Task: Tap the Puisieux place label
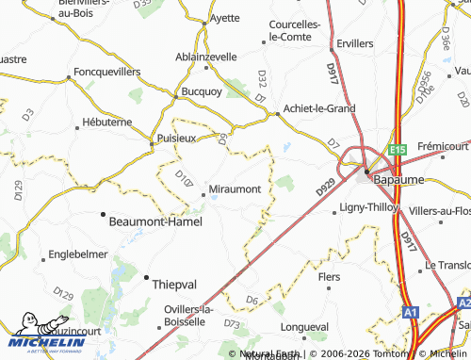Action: pos(175,137)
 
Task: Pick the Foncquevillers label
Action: pos(106,72)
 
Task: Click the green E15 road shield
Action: pos(398,149)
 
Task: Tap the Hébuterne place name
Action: pos(106,123)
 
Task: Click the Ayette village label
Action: pos(224,18)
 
